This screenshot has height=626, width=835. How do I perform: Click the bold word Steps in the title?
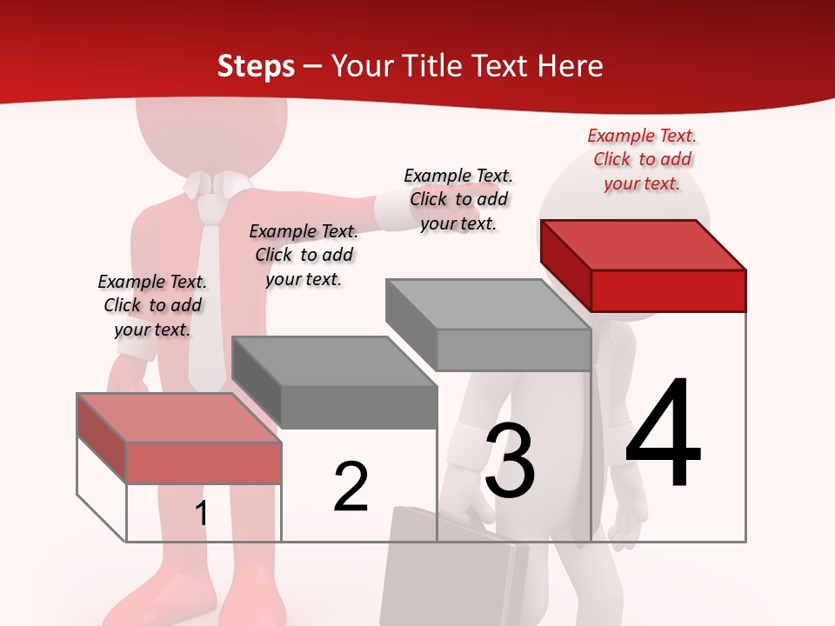256,66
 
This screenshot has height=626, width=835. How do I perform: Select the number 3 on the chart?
510,461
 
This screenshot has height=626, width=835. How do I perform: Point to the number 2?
351,488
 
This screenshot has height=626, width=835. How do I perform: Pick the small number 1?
202,514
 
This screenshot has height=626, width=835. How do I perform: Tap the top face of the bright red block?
644,244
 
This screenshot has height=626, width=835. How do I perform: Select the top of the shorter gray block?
335,362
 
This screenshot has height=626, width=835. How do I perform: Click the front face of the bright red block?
668,290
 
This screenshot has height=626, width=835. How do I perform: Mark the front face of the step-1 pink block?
204,463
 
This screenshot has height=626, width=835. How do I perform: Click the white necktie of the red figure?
208,287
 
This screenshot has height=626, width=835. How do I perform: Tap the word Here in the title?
571,66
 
